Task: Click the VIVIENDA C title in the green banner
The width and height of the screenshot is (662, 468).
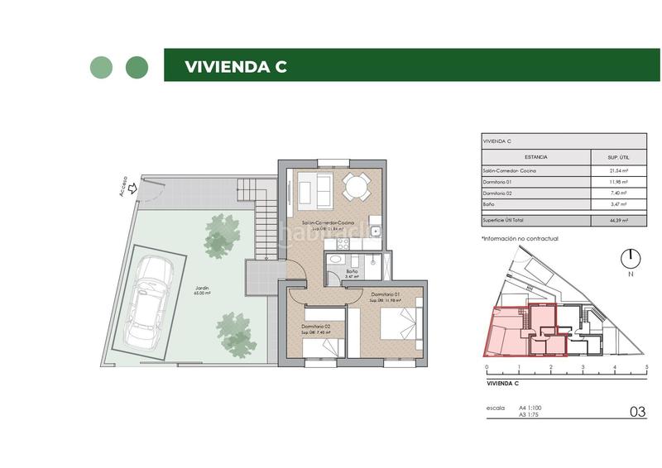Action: (x=236, y=67)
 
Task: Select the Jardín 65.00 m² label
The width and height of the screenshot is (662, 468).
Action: (x=201, y=289)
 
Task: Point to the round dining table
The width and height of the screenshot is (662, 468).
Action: (x=357, y=188)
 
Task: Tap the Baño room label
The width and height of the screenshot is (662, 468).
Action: (x=352, y=273)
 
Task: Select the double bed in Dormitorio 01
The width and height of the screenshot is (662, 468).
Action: (x=401, y=322)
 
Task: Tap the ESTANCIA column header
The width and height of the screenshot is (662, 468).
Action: (x=535, y=156)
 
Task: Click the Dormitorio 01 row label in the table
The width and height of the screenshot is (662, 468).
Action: (x=499, y=181)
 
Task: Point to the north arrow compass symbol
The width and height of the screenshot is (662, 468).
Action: (x=631, y=259)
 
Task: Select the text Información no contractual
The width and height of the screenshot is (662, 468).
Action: (x=521, y=238)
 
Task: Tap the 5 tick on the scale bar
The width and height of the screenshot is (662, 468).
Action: (x=646, y=366)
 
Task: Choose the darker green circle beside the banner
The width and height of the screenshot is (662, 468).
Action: (x=137, y=67)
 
